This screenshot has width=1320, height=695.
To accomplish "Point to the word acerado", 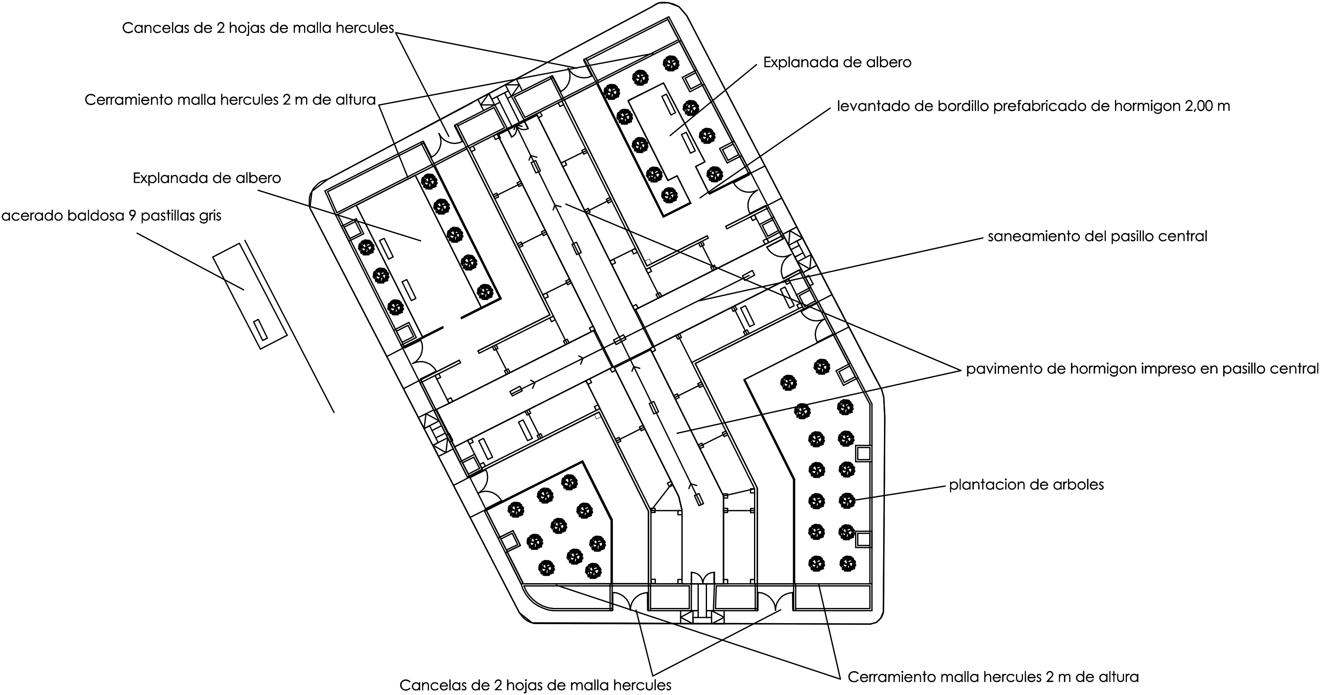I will [32, 216].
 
